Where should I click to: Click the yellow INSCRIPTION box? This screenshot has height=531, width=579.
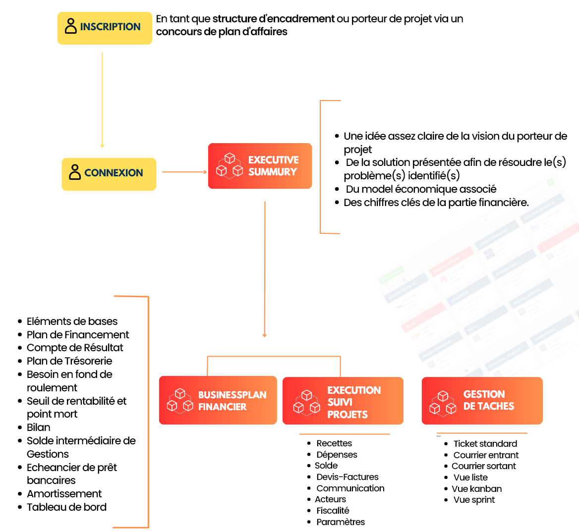[x=105, y=28]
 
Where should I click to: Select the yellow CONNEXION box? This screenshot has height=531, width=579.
[x=109, y=174]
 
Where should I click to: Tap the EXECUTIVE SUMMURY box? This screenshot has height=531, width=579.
[x=260, y=166]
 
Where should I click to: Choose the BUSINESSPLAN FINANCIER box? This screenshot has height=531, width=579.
[x=218, y=400]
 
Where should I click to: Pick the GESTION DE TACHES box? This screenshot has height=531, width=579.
[x=482, y=401]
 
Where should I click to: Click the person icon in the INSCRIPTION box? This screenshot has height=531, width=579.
[x=71, y=26]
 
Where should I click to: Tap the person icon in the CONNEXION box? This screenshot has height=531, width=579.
[x=75, y=172]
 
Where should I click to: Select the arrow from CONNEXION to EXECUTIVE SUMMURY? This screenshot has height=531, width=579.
[x=184, y=172]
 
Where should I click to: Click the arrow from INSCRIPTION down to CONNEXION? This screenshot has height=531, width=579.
[x=102, y=99]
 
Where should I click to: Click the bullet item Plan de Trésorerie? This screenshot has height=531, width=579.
[x=69, y=361]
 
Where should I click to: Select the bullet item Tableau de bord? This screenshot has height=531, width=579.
[x=66, y=507]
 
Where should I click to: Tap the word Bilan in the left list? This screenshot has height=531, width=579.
[x=39, y=427]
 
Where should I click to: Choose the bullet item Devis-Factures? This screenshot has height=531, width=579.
[x=347, y=477]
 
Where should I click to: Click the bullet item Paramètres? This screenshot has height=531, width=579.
[x=341, y=522]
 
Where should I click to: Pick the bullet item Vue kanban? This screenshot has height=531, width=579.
[x=476, y=489]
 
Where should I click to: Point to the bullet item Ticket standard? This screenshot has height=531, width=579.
[x=485, y=444]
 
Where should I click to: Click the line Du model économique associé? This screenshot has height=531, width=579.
[x=421, y=189]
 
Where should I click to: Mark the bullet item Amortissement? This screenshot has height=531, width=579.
[x=64, y=494]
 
